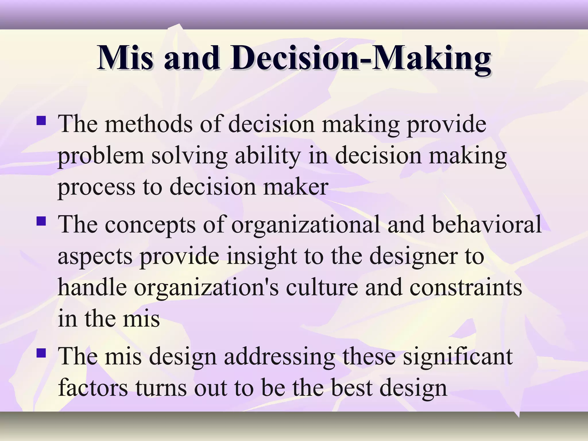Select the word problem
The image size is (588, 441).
(x=101, y=156)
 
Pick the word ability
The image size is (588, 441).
(x=267, y=156)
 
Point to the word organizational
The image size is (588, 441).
(x=305, y=225)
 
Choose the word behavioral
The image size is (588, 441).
(x=487, y=225)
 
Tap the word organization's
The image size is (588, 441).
(x=206, y=288)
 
